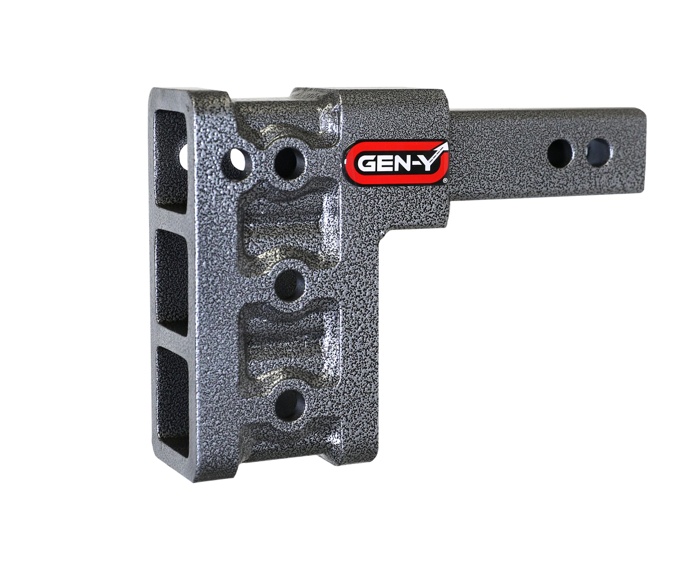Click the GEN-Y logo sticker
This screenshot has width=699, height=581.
[x=397, y=162]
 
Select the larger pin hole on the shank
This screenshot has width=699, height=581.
[x=560, y=153]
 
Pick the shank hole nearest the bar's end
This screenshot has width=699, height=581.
[x=598, y=152]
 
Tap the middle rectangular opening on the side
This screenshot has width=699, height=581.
[x=172, y=283]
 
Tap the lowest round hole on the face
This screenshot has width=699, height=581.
[x=288, y=404]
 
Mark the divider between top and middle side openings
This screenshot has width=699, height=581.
[x=172, y=221]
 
